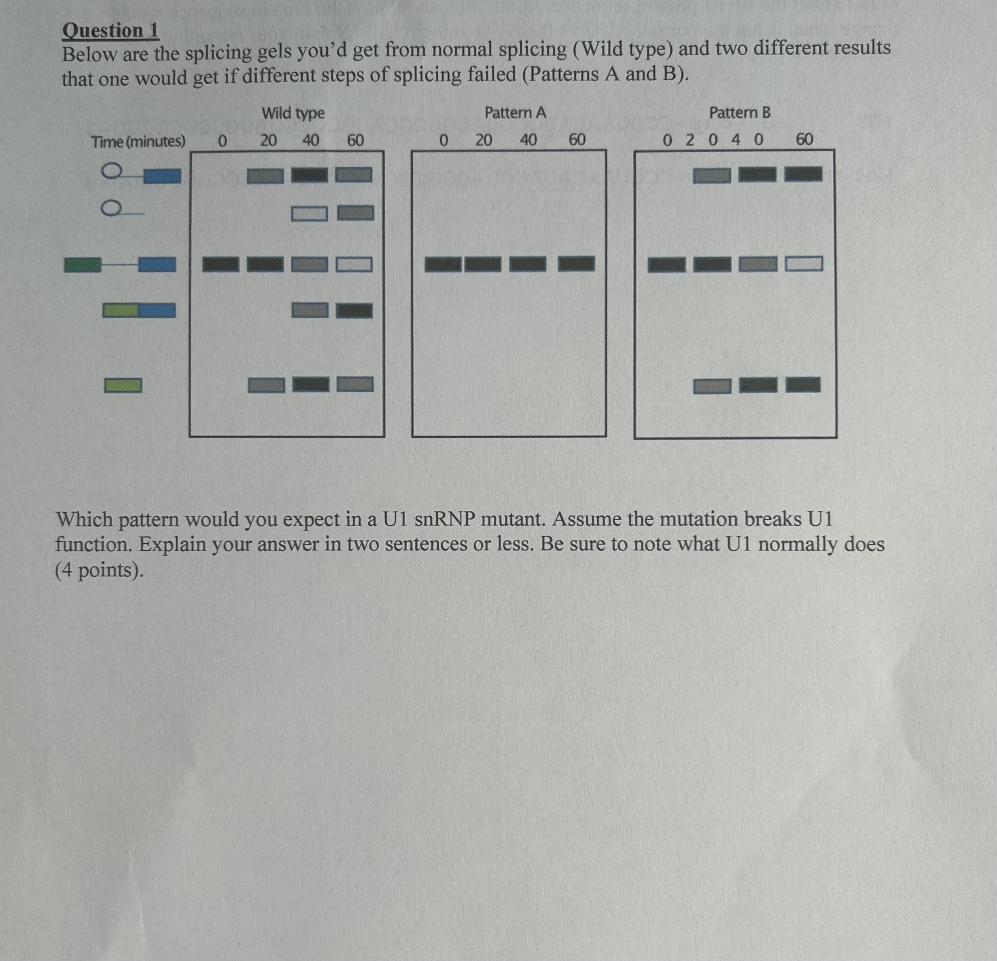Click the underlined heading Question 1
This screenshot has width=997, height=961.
coord(111,31)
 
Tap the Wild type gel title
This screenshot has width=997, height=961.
coord(293,112)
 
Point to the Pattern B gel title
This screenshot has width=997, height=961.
coord(740,112)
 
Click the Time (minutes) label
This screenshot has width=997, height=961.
coord(138,141)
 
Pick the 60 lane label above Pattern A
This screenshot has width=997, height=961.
coord(576,139)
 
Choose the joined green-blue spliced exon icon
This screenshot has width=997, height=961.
coord(139,310)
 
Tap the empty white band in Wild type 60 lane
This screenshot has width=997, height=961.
coord(354,264)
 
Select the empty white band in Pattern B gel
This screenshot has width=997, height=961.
coord(804,263)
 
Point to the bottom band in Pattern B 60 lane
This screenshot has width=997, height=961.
coord(803,385)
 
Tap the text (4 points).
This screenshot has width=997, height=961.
coord(99,570)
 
